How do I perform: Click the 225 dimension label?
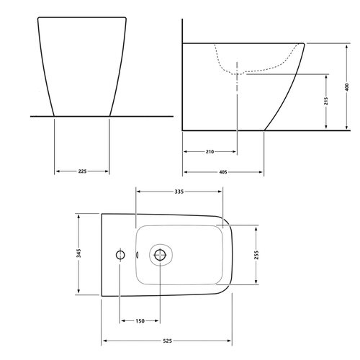click(x=82, y=171)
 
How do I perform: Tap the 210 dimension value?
click(x=210, y=152)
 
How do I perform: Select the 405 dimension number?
click(x=223, y=172)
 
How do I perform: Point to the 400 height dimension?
click(x=346, y=87)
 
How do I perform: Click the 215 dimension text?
click(x=326, y=101)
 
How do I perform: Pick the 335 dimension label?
click(x=179, y=192)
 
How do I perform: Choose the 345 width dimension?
click(x=78, y=253)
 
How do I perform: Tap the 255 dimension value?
click(x=256, y=255)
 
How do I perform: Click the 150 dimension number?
click(x=140, y=321)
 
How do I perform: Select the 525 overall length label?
click(x=167, y=341)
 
